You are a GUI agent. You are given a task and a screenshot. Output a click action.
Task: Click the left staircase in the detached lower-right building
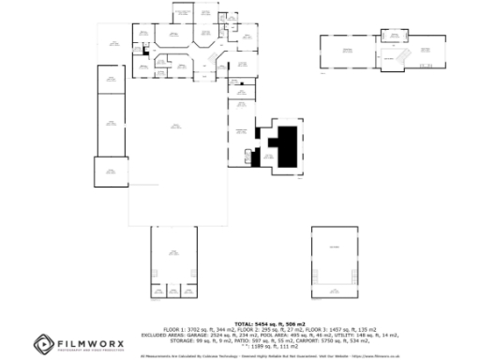click(x=322, y=277)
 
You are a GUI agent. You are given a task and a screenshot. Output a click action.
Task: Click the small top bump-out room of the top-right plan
click(x=395, y=36)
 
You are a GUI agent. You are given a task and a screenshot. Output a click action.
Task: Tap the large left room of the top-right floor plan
click(x=348, y=52)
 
